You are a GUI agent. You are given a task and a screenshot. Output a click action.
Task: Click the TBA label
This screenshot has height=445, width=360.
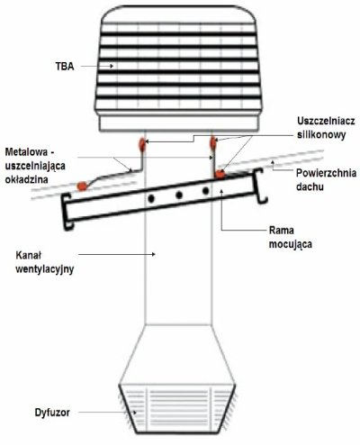tap(65, 67)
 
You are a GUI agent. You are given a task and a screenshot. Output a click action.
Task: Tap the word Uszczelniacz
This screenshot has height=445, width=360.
tap(326, 121)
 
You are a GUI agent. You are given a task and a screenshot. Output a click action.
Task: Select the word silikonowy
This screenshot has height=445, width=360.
tap(321, 134)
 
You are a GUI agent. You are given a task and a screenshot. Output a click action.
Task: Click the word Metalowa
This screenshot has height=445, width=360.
tap(26, 152)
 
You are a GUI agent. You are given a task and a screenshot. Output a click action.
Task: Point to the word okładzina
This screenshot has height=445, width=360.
tap(26, 179)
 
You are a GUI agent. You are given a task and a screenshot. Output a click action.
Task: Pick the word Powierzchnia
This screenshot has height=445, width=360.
tap(327, 173)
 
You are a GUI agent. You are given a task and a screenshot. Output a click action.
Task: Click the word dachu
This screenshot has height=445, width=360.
tap(310, 186)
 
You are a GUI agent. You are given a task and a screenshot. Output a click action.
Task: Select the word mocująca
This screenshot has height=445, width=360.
tap(291, 244)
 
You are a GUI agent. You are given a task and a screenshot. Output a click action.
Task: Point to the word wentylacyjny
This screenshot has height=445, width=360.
tap(45, 269)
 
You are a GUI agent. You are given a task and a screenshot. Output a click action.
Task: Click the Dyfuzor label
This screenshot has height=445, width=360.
tap(52, 413)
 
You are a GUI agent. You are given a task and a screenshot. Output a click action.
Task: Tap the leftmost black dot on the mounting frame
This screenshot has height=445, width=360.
tap(151, 198)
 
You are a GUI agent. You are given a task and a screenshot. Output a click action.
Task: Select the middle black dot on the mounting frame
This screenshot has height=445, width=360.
tap(179, 195)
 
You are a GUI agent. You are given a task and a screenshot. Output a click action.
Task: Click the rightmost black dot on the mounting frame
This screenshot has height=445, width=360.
tap(205, 191)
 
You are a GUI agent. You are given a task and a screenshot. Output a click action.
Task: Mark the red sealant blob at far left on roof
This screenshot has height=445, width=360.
tap(82, 186)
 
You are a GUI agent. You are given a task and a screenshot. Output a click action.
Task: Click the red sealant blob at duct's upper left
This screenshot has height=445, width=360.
tap(142, 144)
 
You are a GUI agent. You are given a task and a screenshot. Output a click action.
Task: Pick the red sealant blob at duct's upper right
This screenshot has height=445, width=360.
tap(213, 143)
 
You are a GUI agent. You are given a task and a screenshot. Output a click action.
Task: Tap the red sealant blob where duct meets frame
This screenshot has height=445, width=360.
tap(220, 174)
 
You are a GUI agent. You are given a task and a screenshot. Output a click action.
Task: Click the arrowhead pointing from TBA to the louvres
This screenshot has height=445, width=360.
tap(112, 66)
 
